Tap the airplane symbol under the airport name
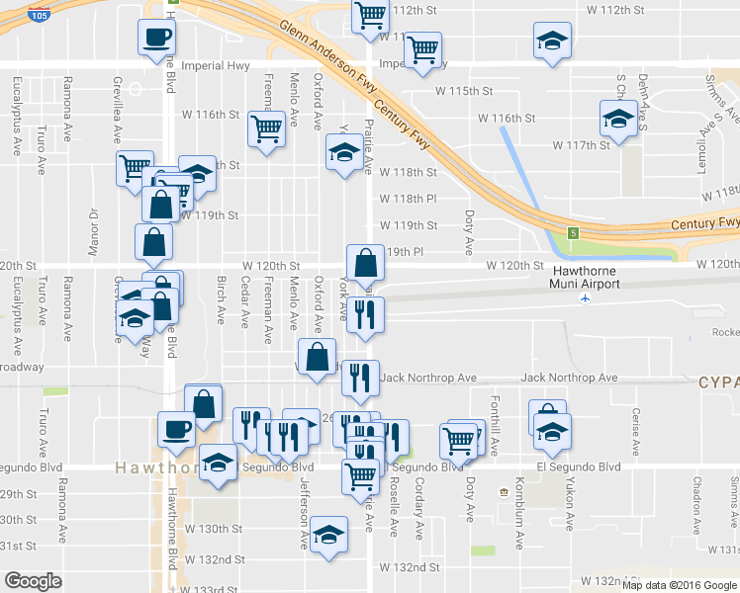(587, 297)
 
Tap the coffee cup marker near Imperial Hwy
(158, 39)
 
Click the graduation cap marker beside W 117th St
(619, 121)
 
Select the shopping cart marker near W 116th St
(266, 128)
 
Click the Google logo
(33, 581)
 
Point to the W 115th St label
(464, 91)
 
